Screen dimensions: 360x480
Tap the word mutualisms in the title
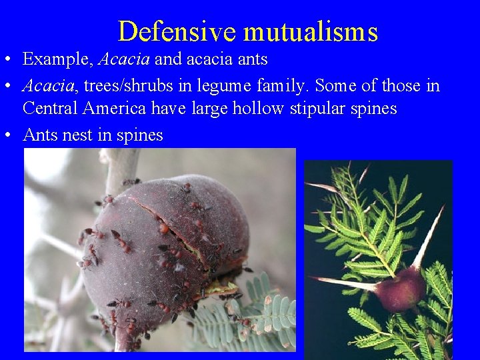(311, 31)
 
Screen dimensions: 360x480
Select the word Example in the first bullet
(57, 59)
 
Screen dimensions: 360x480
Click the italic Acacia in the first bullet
(124, 59)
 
